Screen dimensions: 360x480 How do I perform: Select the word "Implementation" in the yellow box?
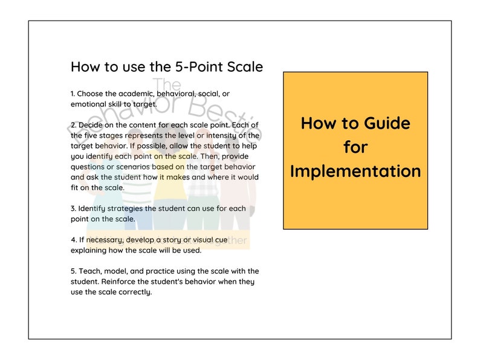pos(355,171)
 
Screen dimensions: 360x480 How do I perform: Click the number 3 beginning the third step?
pos(73,208)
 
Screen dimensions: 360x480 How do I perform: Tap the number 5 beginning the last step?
pos(73,271)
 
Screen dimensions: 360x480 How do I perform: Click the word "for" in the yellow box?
pos(355,147)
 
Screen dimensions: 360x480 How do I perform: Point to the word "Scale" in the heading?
pos(245,66)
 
